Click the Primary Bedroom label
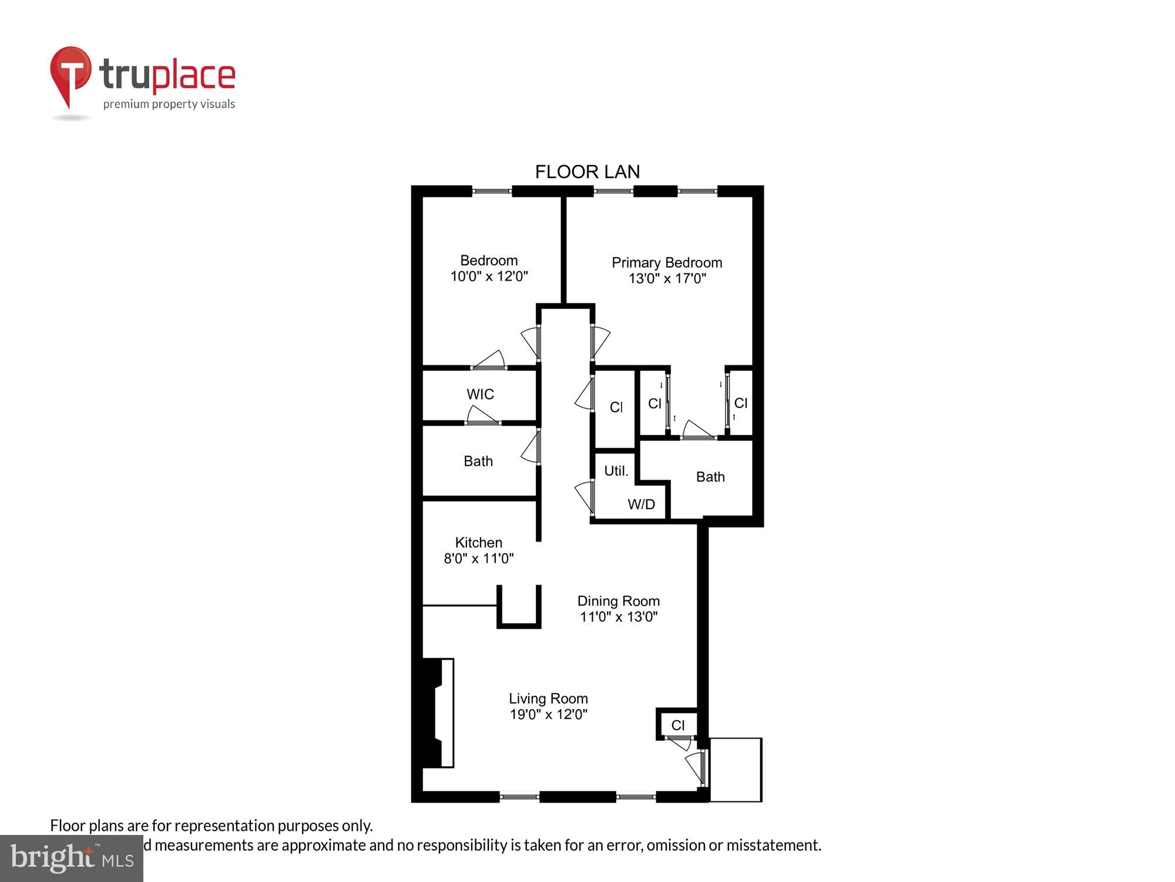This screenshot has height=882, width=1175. click(667, 263)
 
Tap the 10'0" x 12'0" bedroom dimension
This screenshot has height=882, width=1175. click(489, 276)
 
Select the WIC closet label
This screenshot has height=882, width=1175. click(480, 395)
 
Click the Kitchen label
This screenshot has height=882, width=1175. click(478, 542)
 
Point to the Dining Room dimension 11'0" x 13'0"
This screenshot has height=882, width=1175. click(618, 617)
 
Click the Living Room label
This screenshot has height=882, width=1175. click(548, 699)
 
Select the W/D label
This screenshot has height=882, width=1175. click(641, 505)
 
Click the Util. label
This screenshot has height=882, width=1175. click(616, 471)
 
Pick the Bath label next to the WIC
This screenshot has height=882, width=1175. click(478, 462)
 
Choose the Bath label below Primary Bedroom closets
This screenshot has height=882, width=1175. click(710, 477)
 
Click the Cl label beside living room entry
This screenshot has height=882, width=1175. click(677, 726)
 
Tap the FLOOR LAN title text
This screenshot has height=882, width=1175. click(587, 172)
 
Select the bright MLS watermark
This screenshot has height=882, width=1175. click(71, 858)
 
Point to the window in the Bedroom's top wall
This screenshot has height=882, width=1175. click(492, 191)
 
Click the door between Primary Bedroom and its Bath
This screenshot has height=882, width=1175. click(698, 431)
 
